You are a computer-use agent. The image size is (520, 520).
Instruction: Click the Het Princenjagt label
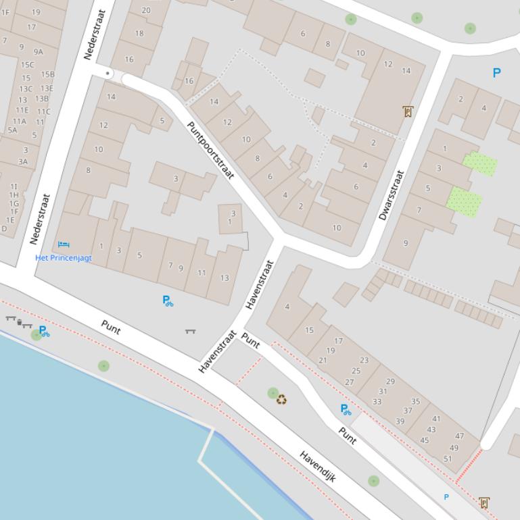[x=64, y=258]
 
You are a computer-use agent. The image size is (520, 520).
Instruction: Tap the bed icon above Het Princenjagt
[x=64, y=244]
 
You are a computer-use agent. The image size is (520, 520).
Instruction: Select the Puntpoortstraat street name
[x=210, y=150]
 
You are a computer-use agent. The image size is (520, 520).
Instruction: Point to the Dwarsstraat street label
[x=392, y=195]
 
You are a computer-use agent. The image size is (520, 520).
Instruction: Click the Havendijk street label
[x=318, y=466]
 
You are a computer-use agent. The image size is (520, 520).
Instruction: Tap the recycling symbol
[x=281, y=399]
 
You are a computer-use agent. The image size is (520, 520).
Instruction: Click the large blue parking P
[x=497, y=73]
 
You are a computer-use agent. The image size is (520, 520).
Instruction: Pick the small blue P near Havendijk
[x=446, y=497]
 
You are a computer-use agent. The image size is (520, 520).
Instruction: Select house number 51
[x=448, y=459]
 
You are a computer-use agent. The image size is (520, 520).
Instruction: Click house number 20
[x=146, y=10]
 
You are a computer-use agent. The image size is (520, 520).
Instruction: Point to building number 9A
[x=38, y=51]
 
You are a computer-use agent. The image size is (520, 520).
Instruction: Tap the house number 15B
[x=47, y=74]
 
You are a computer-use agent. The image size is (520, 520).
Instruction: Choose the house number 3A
[x=23, y=161]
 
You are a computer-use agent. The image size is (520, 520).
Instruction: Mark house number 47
[x=460, y=436]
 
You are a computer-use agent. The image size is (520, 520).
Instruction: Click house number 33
[x=377, y=401]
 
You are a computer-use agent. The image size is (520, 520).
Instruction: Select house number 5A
[x=12, y=130]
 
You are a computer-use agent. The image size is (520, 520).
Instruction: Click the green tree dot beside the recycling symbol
[x=273, y=393]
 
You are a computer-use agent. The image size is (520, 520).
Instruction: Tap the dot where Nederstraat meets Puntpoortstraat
[x=108, y=73]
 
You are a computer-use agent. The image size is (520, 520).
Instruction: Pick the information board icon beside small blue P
[x=483, y=502]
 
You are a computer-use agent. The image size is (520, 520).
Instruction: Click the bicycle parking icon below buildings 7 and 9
[x=168, y=301]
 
